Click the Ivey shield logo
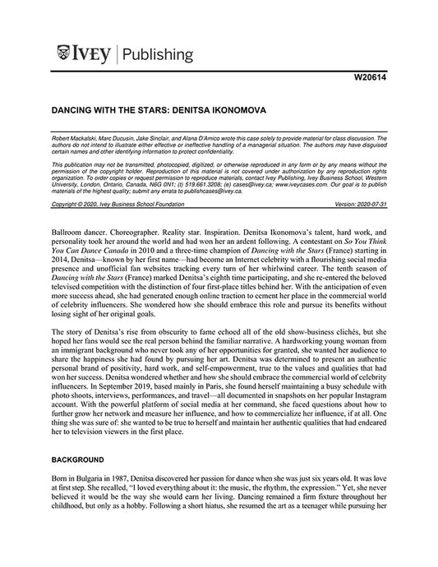click(x=66, y=55)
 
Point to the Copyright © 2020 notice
click(x=73, y=203)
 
